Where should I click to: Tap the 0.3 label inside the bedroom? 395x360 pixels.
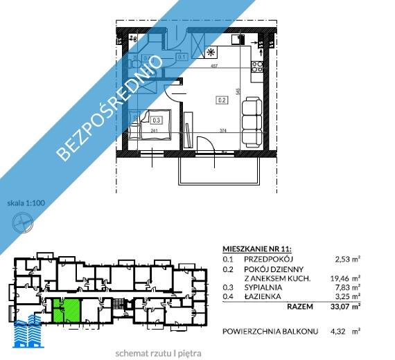(156, 119)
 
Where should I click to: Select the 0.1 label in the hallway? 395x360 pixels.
(182, 57)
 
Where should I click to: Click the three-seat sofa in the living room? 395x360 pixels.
(251, 116)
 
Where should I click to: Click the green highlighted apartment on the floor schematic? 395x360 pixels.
(66, 309)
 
